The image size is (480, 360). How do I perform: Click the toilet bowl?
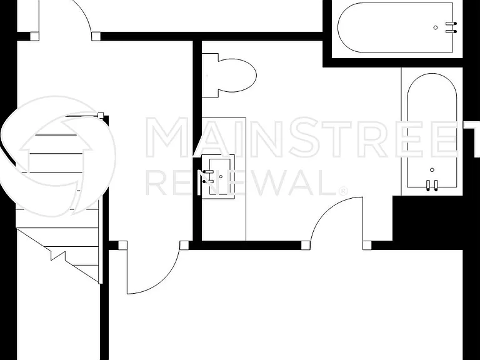click(237, 75)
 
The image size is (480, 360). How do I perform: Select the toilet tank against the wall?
click(210, 75)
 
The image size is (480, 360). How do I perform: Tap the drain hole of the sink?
click(221, 177)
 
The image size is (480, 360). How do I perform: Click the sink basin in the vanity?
click(219, 177)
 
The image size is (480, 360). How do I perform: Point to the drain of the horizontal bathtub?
click(436, 27)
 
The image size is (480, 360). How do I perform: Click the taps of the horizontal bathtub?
click(451, 27)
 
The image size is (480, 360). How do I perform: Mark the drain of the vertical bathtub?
click(432, 170)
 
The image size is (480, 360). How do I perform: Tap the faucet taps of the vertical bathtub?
click(432, 186)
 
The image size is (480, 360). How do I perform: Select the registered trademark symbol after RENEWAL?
click(343, 191)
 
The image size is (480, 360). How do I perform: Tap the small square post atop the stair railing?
click(101, 116)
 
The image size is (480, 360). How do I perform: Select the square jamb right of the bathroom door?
click(367, 246)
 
